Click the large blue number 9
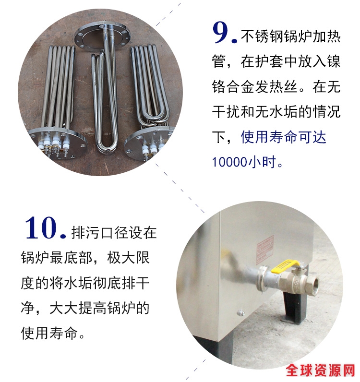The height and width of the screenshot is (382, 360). [x=221, y=33]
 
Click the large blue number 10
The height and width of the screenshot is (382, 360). [x=40, y=228]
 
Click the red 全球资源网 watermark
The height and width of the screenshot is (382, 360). [x=321, y=370]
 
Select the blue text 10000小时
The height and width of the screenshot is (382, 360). [x=247, y=162]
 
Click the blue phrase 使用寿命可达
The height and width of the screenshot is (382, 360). [x=283, y=137]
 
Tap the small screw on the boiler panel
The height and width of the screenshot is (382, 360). [x=240, y=313]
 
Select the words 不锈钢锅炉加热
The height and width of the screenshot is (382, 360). [x=291, y=36]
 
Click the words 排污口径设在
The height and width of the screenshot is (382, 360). [x=114, y=233]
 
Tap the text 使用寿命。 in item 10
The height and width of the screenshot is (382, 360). [x=53, y=333]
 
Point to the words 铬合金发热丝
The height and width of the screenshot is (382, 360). [x=255, y=87]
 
